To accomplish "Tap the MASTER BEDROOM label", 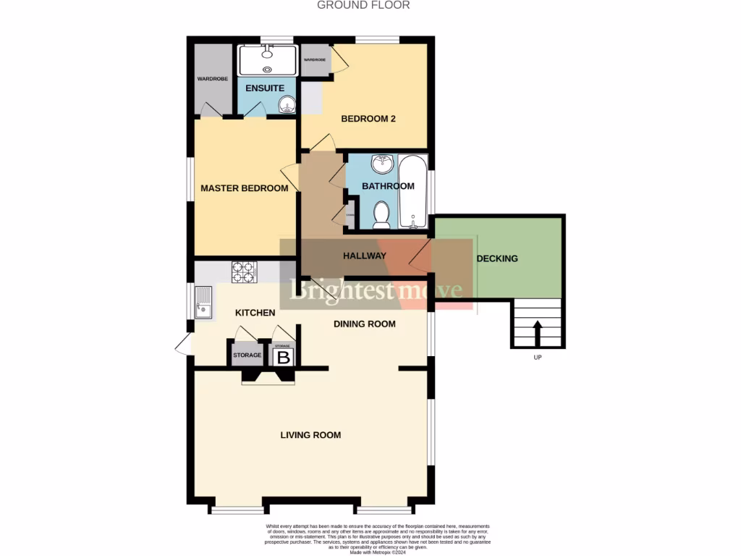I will [x=244, y=188].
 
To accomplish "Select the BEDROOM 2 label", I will [x=368, y=119].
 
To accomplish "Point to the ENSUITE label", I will [x=264, y=88].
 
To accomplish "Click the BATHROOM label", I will [x=388, y=186].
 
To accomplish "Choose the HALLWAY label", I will [x=364, y=256].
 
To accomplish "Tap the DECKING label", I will [x=497, y=258].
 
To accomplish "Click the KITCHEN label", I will [x=255, y=313].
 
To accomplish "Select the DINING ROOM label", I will [x=364, y=324].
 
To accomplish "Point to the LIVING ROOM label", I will [x=310, y=435].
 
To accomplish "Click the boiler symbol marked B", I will [x=284, y=357].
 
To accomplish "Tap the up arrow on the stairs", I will [x=537, y=334].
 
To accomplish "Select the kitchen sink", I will [x=203, y=302].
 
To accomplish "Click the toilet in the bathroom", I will [x=381, y=214].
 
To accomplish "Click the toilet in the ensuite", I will [x=288, y=106].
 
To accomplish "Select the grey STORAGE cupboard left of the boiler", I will [x=247, y=355].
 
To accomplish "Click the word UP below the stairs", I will [x=537, y=357].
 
